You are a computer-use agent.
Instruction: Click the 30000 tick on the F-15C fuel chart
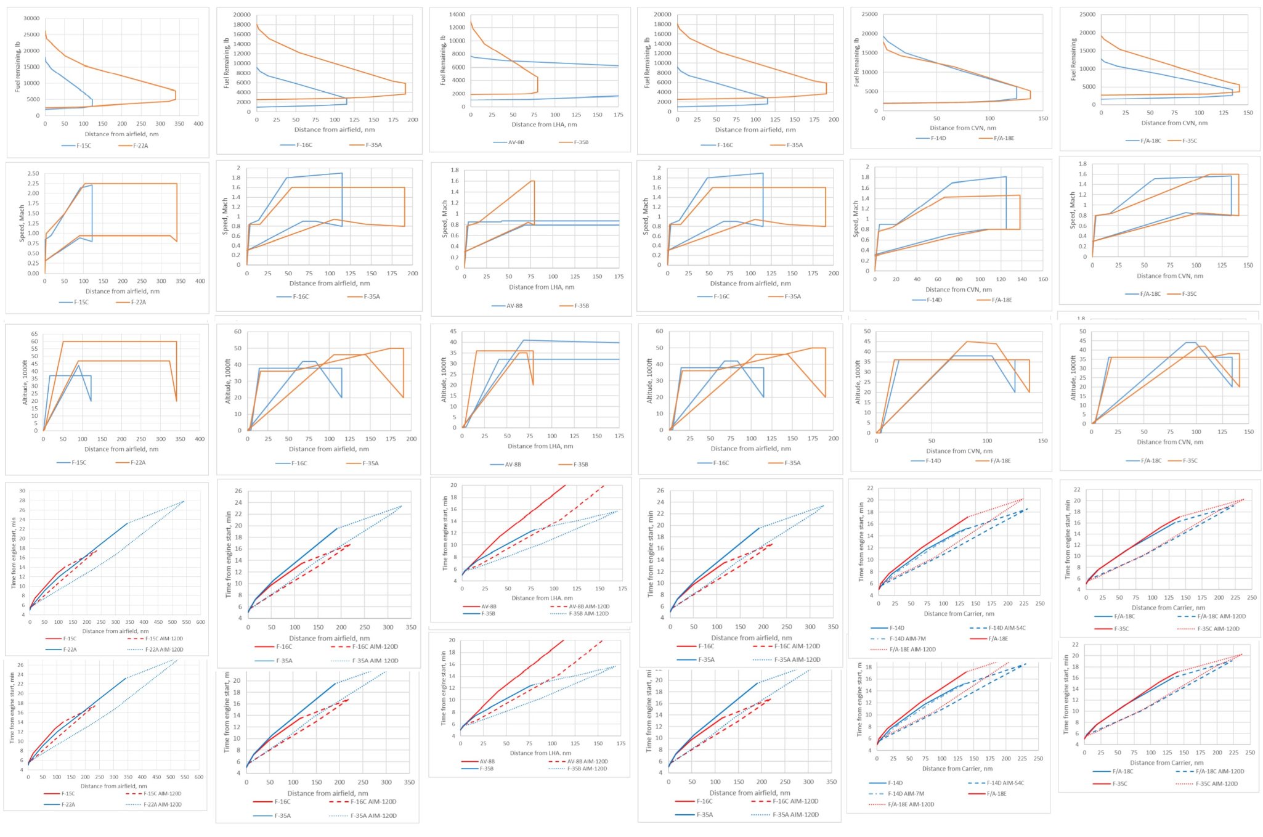click(x=31, y=18)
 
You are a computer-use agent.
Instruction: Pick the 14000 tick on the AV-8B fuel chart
click(x=457, y=14)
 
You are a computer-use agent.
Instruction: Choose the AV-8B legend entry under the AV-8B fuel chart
click(x=516, y=142)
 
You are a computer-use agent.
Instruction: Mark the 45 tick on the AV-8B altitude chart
click(x=453, y=332)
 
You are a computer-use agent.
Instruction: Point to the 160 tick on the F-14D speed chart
click(x=1043, y=279)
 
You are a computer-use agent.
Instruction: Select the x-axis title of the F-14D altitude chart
click(x=959, y=451)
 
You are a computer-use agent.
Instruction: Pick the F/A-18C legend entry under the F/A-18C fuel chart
click(x=1150, y=141)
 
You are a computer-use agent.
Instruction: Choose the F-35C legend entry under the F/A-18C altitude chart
click(x=1190, y=460)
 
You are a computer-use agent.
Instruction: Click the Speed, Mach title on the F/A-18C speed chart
click(x=1073, y=210)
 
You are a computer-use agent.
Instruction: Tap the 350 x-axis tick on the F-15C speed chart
click(x=181, y=281)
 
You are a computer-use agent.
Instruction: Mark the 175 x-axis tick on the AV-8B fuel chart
click(x=618, y=115)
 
